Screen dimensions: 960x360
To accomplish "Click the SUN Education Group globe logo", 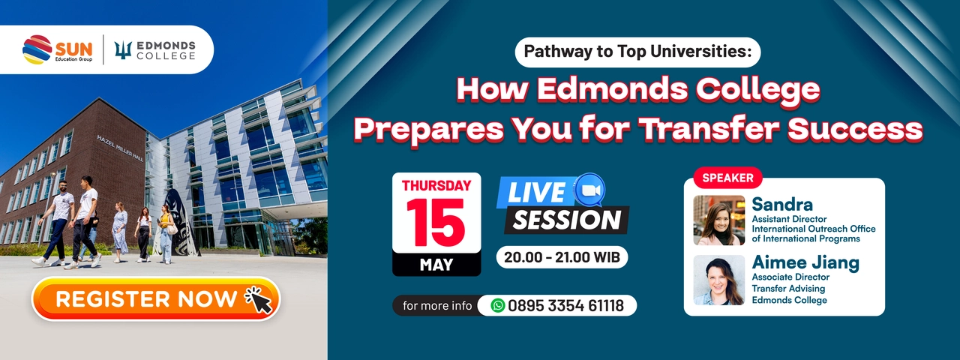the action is coord(37,49).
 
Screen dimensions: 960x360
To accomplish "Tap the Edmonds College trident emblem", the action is coord(123,50).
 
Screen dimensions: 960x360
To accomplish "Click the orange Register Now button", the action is coord(156,298).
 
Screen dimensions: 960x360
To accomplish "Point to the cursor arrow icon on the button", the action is coord(259,299).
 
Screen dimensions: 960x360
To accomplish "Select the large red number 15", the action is coord(436,223).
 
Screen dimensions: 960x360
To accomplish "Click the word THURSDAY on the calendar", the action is coord(436,185).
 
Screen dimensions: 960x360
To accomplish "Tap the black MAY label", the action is coord(436,265).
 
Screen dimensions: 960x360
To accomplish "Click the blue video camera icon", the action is coord(590,190).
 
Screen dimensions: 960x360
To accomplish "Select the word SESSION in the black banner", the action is coord(566,220).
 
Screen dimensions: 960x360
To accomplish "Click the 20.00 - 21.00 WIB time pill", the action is coord(562,257).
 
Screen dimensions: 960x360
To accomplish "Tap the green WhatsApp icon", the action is coord(497,305).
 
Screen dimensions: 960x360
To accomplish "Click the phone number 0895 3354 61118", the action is coord(565,305).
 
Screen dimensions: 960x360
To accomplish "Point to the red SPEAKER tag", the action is coord(727,178).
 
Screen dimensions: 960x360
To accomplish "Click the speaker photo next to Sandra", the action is coord(719,220).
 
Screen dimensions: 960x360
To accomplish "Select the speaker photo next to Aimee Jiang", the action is coord(719,280).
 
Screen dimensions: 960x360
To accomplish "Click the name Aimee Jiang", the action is coord(805,262).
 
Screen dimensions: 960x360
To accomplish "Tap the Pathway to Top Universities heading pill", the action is coord(637,52).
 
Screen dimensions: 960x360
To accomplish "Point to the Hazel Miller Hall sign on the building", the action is coord(121,148).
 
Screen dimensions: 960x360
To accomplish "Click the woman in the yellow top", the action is coord(165,234).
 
